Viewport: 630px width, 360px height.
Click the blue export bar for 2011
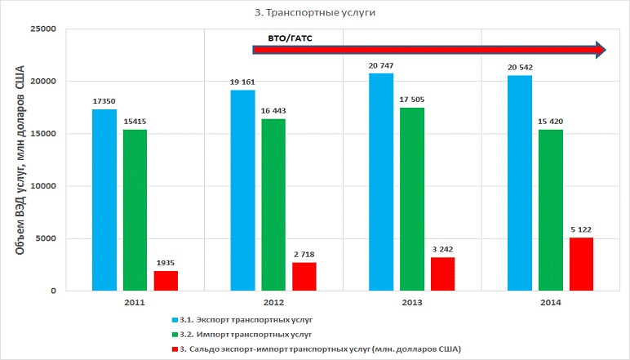pos(104,200)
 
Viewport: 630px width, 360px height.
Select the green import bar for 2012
pos(273,204)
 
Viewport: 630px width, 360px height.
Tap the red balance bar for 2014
pos(581,264)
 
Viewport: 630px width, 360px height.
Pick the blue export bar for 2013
pos(381,181)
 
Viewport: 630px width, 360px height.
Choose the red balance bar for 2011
pos(166,280)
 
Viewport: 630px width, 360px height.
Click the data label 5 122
pos(581,229)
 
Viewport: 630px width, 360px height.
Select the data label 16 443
pos(273,110)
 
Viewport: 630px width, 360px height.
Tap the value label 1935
pos(166,261)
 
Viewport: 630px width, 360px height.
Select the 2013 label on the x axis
pos(411,302)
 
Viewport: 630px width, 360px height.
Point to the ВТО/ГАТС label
pos(291,38)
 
